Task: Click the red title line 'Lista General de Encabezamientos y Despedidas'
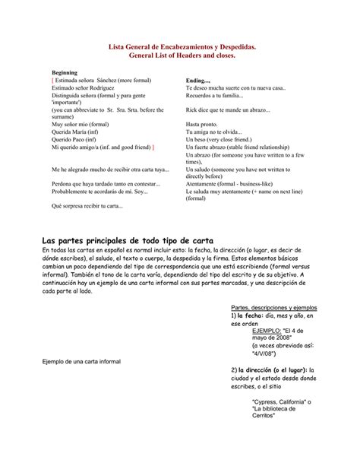(179, 47)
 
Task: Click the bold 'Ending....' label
(198, 80)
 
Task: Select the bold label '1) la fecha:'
(247, 315)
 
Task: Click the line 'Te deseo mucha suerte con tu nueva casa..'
(235, 87)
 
